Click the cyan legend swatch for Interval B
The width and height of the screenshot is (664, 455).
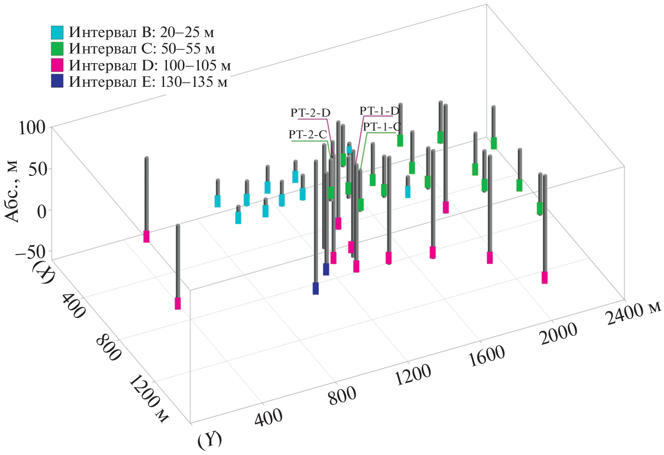point(57,32)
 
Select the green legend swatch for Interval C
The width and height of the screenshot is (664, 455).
point(57,49)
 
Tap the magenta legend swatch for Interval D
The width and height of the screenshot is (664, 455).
point(57,65)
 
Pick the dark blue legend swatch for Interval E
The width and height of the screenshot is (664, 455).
point(57,81)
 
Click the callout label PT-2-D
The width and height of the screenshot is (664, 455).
point(310,113)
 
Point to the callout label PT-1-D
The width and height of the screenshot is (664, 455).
point(379,111)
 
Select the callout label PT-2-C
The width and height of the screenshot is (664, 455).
point(308,134)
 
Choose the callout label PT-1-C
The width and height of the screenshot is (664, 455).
point(382,127)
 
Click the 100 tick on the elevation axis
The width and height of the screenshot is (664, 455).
point(32,128)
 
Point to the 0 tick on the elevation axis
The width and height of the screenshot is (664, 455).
point(41,211)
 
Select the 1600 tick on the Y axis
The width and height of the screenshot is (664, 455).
point(487,356)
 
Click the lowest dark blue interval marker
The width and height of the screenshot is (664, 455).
point(316,288)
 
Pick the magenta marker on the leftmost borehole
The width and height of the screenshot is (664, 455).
point(146,236)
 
